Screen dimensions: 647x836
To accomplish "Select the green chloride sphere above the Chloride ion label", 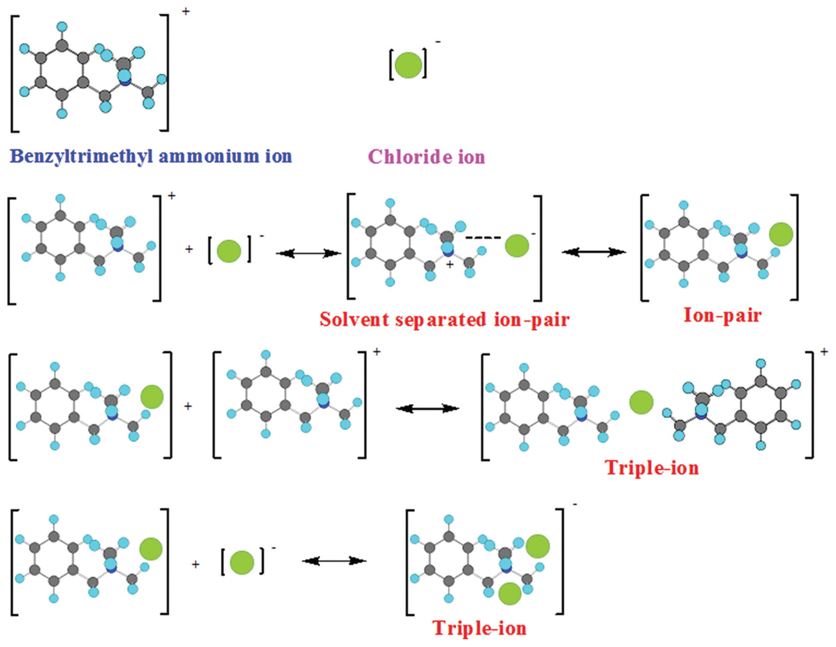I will click(408, 65).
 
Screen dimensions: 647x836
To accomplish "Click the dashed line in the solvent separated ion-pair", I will click(483, 238).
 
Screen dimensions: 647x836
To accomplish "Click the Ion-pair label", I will click(722, 315).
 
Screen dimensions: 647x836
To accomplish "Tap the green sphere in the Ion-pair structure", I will click(781, 234).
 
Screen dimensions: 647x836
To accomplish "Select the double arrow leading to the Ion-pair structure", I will click(594, 252).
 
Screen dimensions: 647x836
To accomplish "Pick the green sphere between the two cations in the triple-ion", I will click(641, 402).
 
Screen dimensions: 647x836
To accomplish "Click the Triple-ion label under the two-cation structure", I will click(652, 468).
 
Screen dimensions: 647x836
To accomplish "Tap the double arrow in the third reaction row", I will click(427, 408).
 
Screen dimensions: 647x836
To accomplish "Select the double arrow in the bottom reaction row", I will click(334, 561).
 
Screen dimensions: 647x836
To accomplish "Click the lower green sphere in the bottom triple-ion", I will click(510, 593).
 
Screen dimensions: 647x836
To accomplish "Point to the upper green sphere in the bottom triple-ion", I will click(538, 546).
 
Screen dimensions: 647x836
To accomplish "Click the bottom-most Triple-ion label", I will click(479, 628).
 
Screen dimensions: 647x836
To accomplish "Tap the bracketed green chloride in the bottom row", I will click(242, 563).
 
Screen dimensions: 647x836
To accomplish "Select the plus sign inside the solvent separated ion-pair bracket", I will click(450, 265).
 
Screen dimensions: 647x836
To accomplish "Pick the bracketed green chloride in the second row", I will click(229, 251).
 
